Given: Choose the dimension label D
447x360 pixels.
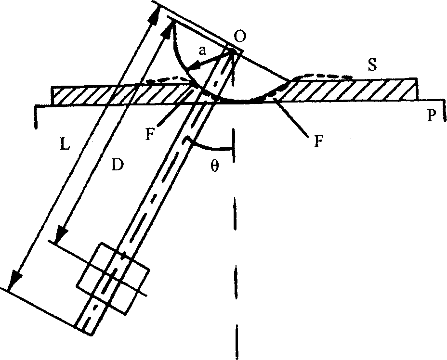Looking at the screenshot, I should [x=118, y=165].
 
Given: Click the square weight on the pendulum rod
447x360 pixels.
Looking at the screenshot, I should [x=113, y=280].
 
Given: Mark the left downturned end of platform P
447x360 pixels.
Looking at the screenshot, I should [x=36, y=118].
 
